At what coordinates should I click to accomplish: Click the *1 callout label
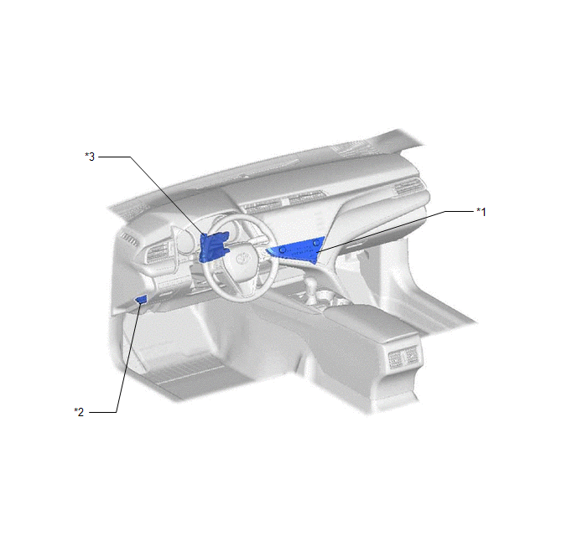[481, 212]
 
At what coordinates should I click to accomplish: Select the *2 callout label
[79, 412]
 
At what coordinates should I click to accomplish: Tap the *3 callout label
[90, 157]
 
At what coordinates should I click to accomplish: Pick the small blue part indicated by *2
[141, 300]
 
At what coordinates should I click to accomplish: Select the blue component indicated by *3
[213, 247]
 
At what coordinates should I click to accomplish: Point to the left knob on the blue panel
[283, 250]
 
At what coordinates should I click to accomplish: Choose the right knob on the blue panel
[316, 243]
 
